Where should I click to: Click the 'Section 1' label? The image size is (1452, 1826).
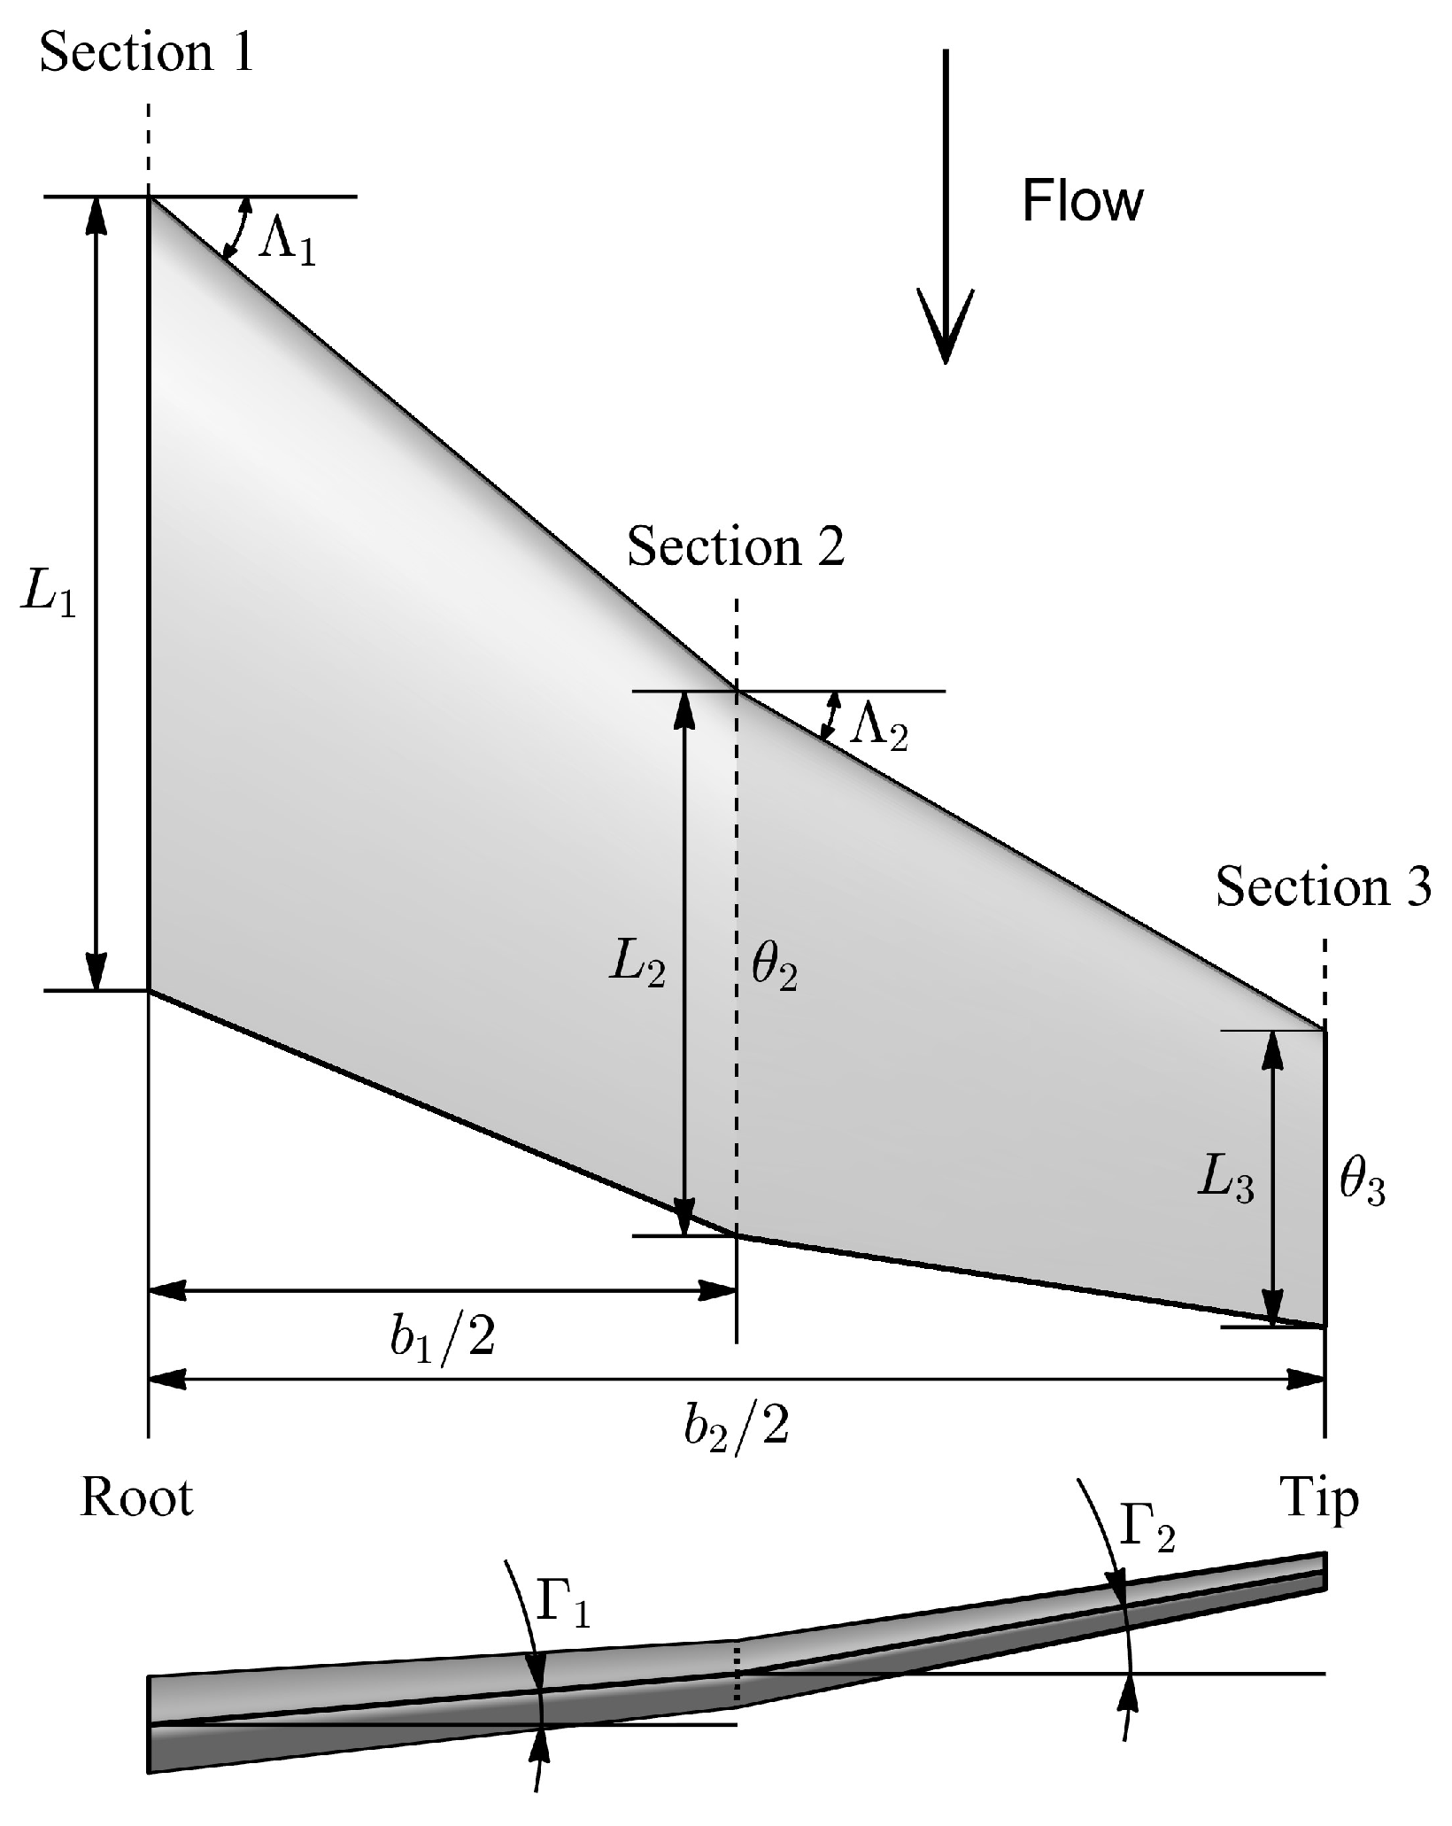pyautogui.click(x=147, y=53)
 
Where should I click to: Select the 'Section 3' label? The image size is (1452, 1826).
pyautogui.click(x=1323, y=886)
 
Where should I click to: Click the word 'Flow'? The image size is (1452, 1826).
pyautogui.click(x=1082, y=201)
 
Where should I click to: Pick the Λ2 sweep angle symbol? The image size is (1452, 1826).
pyautogui.click(x=878, y=730)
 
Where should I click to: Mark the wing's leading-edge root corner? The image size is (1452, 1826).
pyautogui.click(x=149, y=197)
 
